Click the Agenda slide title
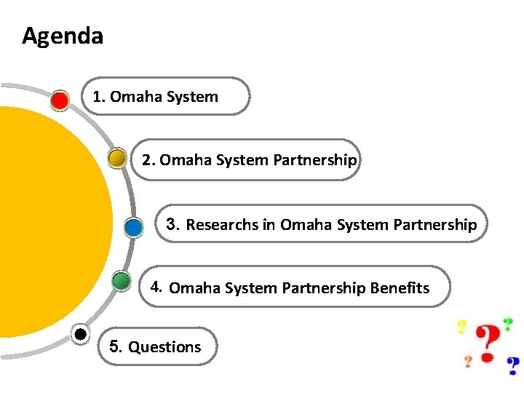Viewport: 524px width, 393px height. coord(63,36)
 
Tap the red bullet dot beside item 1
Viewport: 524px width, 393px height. coord(60,100)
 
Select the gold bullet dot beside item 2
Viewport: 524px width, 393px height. coord(116,158)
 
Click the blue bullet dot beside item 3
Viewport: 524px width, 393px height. coord(133,227)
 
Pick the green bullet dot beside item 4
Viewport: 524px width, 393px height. coord(122,280)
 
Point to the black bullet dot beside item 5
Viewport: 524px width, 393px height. coord(81,334)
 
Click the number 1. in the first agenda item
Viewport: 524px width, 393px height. coord(99,97)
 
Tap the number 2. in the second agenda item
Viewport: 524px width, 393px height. coord(149,159)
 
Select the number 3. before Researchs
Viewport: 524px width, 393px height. coord(173,224)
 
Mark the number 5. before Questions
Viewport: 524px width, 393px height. coord(116,346)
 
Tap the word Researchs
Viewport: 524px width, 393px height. coord(222,225)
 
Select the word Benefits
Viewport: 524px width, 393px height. coord(400,288)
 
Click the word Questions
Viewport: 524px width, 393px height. coord(164,347)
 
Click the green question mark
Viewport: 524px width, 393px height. coord(507,324)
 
